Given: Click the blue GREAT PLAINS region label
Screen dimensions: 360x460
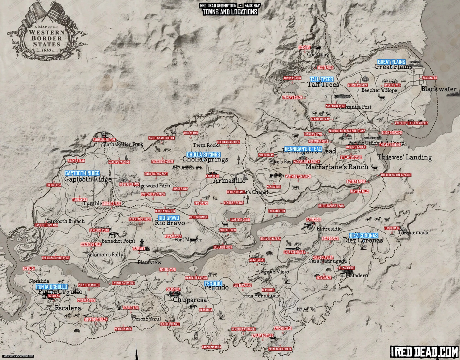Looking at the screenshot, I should pos(391,62).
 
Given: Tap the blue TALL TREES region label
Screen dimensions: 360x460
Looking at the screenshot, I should pos(322,79).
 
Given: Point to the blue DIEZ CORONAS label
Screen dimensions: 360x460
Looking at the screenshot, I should pos(363,235).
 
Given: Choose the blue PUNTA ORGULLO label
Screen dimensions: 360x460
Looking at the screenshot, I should pos(51,287).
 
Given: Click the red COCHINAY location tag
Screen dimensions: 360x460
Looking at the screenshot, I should pos(304,47).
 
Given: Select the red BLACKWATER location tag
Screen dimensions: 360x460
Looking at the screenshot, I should pos(429,78).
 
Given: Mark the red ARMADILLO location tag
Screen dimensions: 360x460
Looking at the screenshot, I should pos(212,176).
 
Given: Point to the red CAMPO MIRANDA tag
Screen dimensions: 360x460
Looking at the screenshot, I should pos(212,347).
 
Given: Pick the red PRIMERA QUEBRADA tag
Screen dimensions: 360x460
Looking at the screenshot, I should pos(280,349).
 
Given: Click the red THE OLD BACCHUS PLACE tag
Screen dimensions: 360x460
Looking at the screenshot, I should pos(396,176).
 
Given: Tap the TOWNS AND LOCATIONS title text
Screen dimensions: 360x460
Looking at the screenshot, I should pos(230,12).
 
